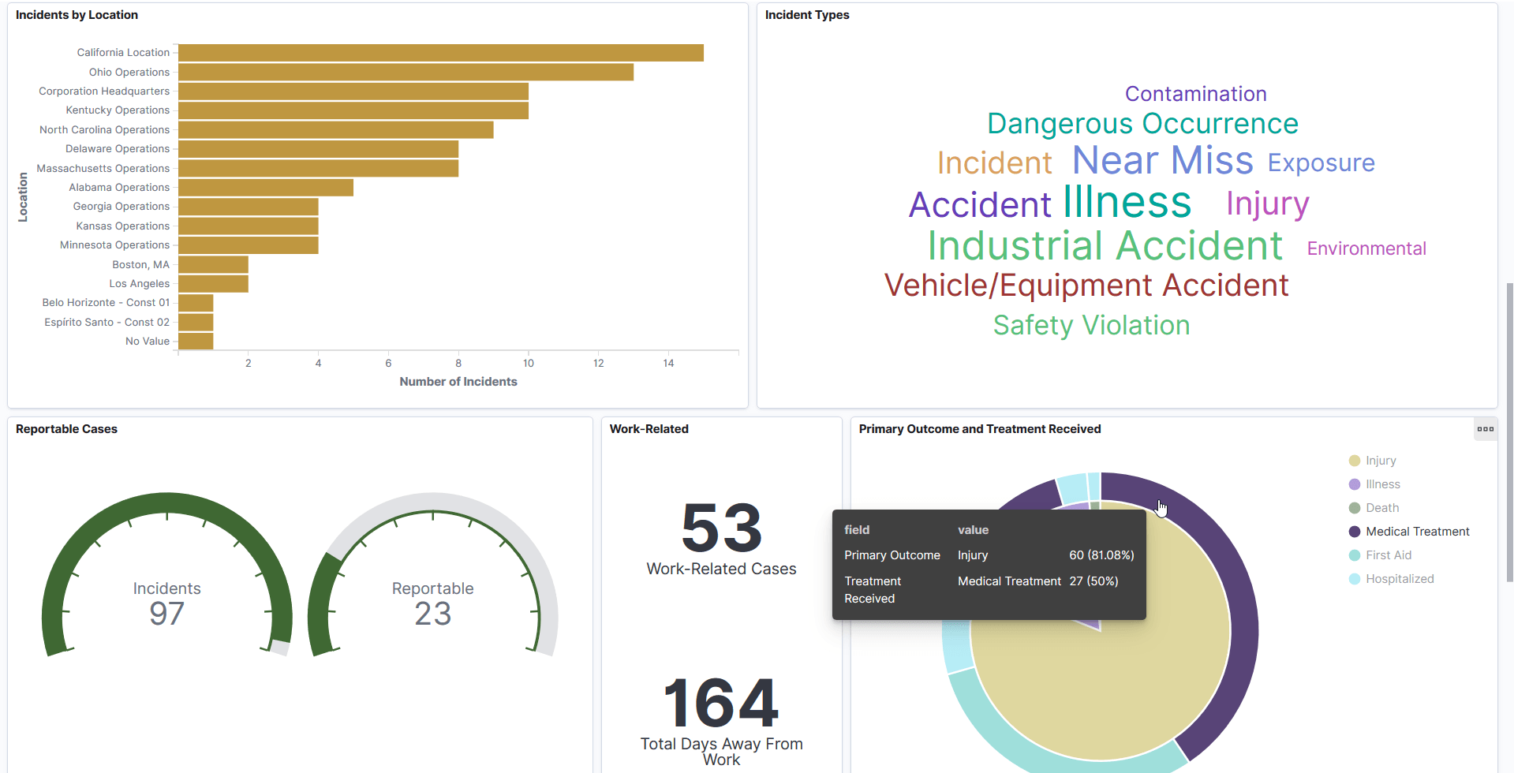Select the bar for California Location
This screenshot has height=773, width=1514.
[440, 53]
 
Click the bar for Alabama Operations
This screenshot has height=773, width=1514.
[265, 188]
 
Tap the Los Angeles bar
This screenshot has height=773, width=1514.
[213, 284]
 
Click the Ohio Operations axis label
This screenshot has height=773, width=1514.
[129, 72]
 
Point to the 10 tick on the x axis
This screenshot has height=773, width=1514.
[528, 363]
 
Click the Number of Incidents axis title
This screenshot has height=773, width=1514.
[458, 382]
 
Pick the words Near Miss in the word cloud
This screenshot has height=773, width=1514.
[1162, 160]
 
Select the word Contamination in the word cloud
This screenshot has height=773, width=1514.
[1195, 94]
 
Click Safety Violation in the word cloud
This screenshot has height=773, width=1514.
[1091, 325]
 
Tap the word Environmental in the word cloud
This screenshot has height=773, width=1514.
[1366, 248]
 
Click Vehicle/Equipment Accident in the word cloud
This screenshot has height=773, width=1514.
[1086, 286]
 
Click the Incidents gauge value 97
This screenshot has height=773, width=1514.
[166, 614]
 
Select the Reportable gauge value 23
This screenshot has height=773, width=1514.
[432, 614]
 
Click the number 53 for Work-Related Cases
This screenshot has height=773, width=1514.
[721, 528]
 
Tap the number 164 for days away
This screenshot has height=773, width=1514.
[721, 703]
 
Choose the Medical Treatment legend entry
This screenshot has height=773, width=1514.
[1417, 532]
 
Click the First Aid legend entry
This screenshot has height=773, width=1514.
[1388, 555]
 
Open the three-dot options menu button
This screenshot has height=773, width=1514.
[1485, 429]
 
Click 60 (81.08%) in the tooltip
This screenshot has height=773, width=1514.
[1101, 555]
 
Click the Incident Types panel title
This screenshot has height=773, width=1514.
[806, 15]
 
